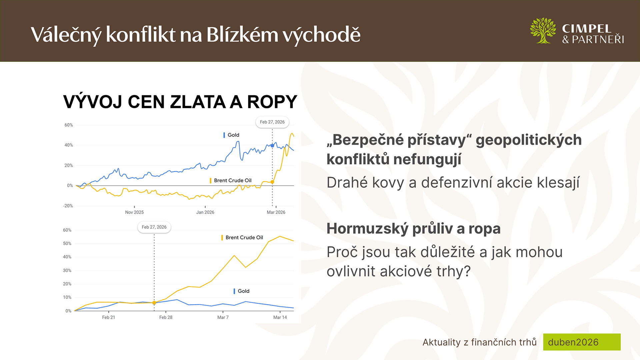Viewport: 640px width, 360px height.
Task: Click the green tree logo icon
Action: tap(543, 31)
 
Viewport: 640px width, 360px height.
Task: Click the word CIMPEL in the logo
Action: tap(587, 29)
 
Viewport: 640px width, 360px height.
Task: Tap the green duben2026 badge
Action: tap(582, 342)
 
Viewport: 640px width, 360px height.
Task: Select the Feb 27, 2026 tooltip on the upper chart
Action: tap(272, 122)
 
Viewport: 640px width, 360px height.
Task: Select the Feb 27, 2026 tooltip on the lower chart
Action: tap(154, 227)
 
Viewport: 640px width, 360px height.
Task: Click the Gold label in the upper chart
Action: tap(233, 135)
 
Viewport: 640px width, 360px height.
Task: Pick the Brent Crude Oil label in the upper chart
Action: tap(233, 180)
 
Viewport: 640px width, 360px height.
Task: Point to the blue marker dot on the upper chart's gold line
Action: tap(272, 146)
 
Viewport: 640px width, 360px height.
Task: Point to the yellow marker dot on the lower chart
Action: tap(154, 303)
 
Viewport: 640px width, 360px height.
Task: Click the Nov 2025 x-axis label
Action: tap(134, 212)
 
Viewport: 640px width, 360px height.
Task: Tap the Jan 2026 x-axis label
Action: tap(205, 212)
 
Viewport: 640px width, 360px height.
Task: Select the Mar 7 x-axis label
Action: tap(223, 317)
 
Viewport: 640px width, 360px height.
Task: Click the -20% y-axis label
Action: tap(68, 206)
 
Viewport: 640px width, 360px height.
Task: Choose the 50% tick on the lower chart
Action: tap(67, 244)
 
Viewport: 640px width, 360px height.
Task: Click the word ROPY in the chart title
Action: tap(272, 102)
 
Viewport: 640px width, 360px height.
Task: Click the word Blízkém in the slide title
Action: tap(242, 34)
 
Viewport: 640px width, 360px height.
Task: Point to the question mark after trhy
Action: tap(467, 271)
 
